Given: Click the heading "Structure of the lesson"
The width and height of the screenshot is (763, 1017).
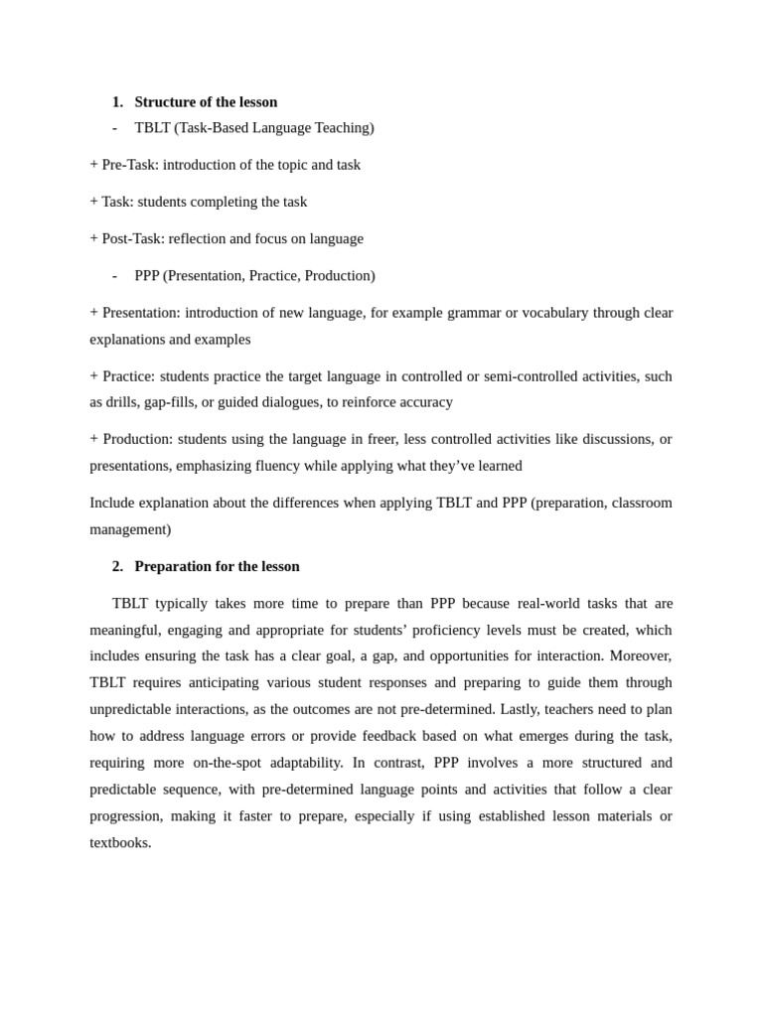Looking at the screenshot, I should tap(206, 101).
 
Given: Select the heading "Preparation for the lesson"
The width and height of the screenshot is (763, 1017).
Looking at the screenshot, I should tap(217, 566).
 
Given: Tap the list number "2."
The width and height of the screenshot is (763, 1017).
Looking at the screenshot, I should tap(117, 566).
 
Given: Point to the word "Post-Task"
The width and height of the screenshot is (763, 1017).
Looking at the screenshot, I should tap(133, 238).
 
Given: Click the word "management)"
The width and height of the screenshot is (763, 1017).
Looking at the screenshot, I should tap(130, 529).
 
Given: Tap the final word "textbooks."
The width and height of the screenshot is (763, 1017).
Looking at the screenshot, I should tap(120, 842).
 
